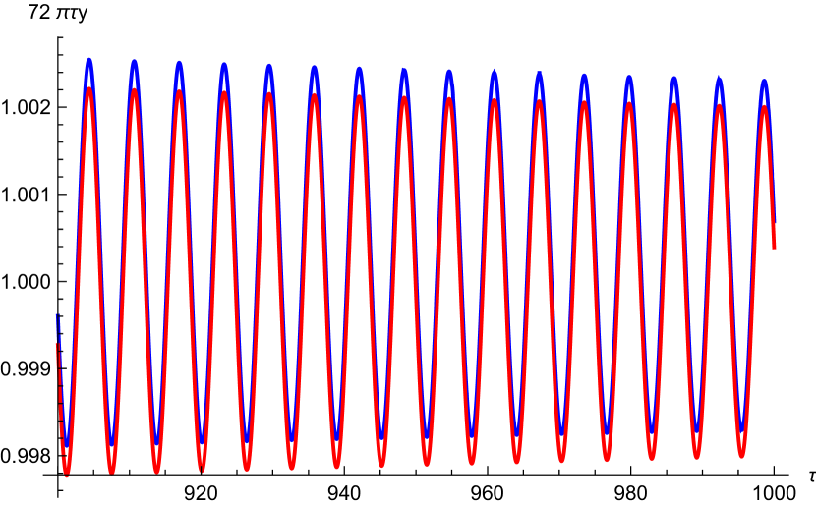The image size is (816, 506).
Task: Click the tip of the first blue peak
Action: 89,61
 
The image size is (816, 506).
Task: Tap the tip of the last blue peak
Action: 764,82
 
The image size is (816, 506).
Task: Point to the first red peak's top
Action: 89,89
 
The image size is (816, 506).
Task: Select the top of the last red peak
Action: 764,107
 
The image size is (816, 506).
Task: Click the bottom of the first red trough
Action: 67,474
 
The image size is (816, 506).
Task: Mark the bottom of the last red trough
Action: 741,454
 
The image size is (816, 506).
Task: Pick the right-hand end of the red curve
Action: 774,247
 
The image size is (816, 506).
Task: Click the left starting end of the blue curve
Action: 57,315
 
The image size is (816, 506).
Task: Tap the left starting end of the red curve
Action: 56,344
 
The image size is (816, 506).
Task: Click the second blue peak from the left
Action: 135,62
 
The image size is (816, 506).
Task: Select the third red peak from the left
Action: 179,91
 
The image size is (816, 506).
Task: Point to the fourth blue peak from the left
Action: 224,66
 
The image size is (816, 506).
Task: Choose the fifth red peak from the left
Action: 269,93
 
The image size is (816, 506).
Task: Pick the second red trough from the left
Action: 112,471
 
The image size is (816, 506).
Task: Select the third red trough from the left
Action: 157,470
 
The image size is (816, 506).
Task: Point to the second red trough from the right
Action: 696,456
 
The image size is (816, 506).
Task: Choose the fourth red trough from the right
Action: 607,459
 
